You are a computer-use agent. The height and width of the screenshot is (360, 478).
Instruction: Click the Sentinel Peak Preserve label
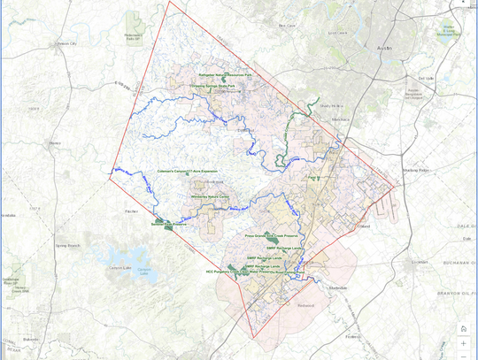167,225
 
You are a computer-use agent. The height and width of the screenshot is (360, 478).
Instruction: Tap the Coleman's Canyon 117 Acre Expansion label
187,171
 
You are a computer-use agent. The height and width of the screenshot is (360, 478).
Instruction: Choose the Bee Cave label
287,26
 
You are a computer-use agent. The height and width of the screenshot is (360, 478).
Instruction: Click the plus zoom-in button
463,342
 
